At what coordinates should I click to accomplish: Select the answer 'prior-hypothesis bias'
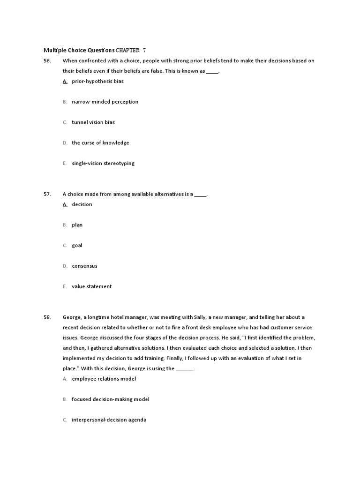[x=97, y=81]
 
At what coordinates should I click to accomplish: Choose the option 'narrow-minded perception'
[x=105, y=102]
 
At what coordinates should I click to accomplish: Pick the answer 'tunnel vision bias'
[x=93, y=122]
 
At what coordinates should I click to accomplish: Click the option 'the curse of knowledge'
[x=100, y=143]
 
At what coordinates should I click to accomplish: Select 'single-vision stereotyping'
[x=103, y=164]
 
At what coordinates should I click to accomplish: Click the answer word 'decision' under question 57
[x=82, y=204]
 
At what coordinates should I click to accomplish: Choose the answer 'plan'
[x=77, y=225]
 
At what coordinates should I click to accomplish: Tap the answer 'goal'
[x=77, y=246]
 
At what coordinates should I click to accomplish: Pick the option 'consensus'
[x=85, y=266]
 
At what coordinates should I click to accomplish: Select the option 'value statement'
[x=92, y=287]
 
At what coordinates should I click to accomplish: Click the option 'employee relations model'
[x=104, y=379]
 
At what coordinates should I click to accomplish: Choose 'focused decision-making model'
[x=111, y=399]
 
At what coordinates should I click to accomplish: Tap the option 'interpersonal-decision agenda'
[x=109, y=420]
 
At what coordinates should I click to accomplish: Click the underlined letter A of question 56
[x=65, y=81]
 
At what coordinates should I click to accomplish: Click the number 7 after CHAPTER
[x=144, y=50]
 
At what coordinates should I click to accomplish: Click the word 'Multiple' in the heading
[x=54, y=50]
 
